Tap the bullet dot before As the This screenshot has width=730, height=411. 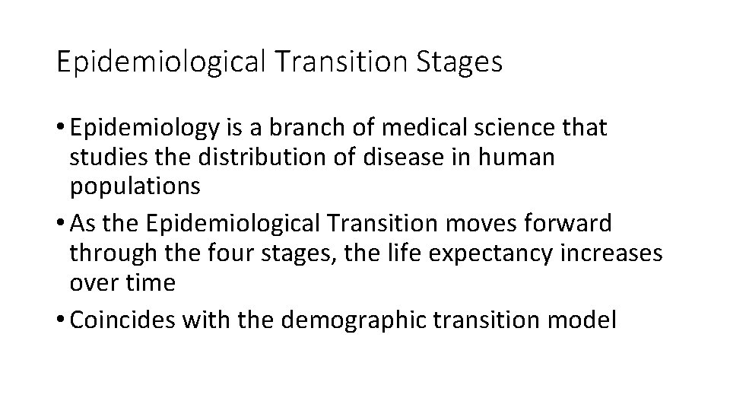click(x=61, y=225)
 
